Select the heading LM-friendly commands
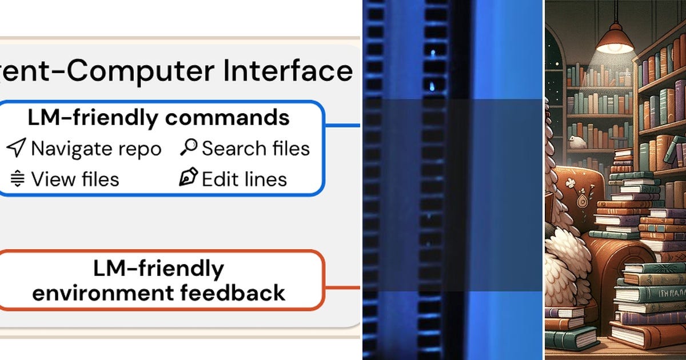(x=158, y=118)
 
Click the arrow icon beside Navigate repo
(x=16, y=148)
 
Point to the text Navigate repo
(x=96, y=149)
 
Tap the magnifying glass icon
(x=188, y=147)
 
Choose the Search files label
(x=256, y=149)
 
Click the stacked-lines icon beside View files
(x=18, y=179)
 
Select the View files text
(x=75, y=179)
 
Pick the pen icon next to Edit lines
(x=188, y=178)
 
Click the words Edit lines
(x=244, y=179)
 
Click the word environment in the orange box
(x=101, y=293)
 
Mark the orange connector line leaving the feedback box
(x=342, y=287)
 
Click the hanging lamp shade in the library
(x=615, y=41)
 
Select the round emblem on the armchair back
(x=582, y=201)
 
